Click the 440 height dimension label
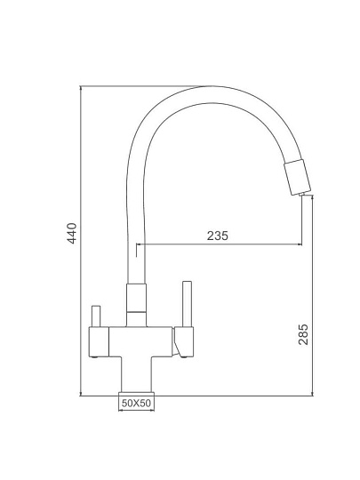(72, 233)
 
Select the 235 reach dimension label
(218, 236)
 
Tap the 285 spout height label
(303, 334)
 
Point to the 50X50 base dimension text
(136, 403)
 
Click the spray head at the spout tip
(297, 177)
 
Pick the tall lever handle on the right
(187, 304)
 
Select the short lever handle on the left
(96, 316)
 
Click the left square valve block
(99, 341)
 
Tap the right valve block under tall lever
(184, 341)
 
